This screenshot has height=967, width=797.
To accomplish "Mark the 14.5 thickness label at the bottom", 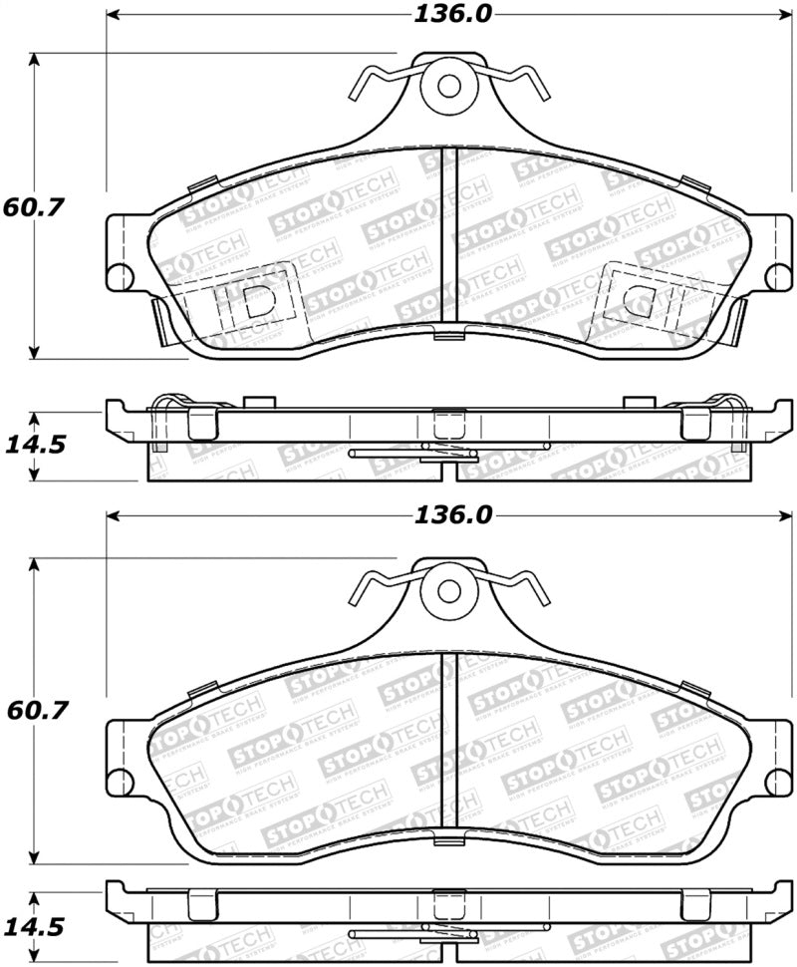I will [x=37, y=927].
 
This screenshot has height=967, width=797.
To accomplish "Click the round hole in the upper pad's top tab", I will [x=449, y=87].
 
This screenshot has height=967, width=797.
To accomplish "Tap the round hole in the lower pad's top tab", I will [x=449, y=590].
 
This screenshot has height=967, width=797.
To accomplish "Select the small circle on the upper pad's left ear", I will [x=121, y=276].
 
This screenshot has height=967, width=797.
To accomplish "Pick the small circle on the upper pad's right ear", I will [x=778, y=276].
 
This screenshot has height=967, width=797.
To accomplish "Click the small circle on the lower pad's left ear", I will [x=121, y=781].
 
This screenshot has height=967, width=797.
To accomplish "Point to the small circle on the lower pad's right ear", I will [x=778, y=781].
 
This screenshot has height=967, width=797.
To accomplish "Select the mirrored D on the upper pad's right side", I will [x=638, y=301].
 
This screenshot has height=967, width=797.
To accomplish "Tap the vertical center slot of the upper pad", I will [x=449, y=239].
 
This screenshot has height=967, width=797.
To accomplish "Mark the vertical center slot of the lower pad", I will [x=449, y=743].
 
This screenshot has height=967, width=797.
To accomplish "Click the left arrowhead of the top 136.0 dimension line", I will [x=113, y=15].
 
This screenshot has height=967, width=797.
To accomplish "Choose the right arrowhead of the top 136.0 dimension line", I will [x=784, y=15].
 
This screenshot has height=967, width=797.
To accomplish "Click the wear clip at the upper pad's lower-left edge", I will [x=163, y=321].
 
